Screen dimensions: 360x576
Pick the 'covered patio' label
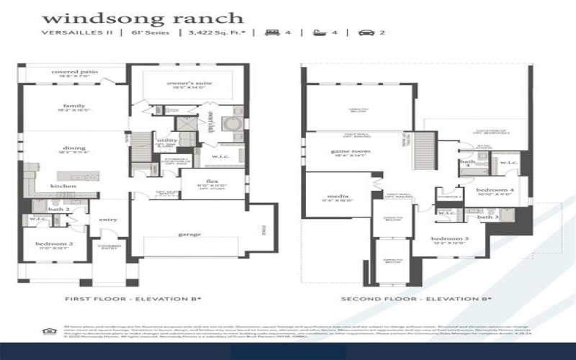74,72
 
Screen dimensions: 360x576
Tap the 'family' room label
73,107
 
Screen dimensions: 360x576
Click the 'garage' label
190,234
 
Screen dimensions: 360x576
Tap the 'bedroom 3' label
446,238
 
